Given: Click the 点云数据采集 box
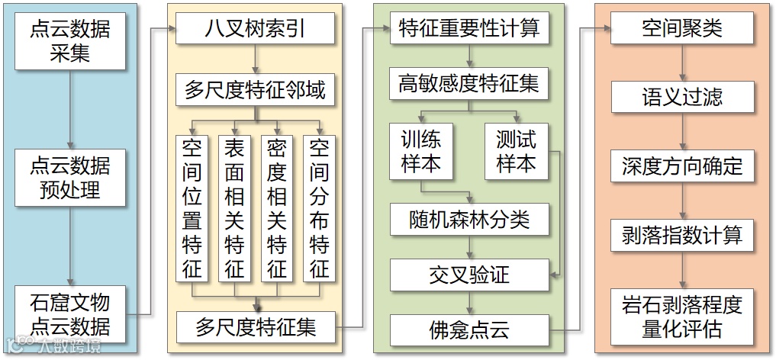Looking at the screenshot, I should (69, 41).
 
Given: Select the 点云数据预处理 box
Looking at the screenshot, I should (69, 177).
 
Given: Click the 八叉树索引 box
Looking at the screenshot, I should (255, 31).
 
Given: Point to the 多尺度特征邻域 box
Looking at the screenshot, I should (255, 91).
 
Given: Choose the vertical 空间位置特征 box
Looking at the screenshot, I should (192, 208).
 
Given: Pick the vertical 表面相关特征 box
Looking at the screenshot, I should (234, 208).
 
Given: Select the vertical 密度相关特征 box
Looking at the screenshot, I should (277, 208).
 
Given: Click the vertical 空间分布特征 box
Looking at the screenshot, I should (320, 208).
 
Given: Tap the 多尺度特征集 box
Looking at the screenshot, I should (255, 327).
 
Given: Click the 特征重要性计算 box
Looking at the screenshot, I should (469, 29).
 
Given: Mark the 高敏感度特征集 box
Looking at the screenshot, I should (469, 84).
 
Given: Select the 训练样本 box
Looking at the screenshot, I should (421, 151).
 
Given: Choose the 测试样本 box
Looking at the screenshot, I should (517, 151).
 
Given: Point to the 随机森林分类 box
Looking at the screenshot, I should (469, 220).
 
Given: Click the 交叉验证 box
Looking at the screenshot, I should (469, 275).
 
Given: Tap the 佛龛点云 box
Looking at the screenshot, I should (469, 329).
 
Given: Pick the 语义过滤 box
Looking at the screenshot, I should (682, 97).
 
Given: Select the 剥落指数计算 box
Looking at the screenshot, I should (682, 234).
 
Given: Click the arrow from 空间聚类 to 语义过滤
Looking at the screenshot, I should (682, 63).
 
